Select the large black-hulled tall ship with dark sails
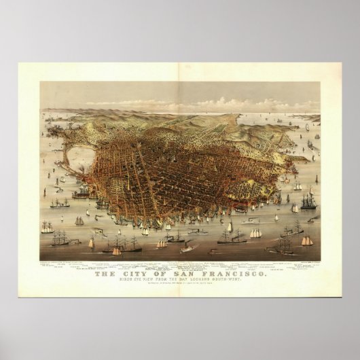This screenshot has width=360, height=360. click(310, 201)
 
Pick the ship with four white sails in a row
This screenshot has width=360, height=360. click(255, 233)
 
